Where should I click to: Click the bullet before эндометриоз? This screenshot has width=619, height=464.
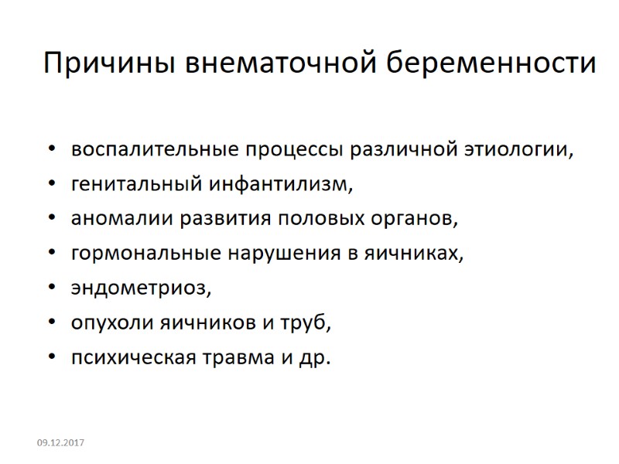pos(51,288)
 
